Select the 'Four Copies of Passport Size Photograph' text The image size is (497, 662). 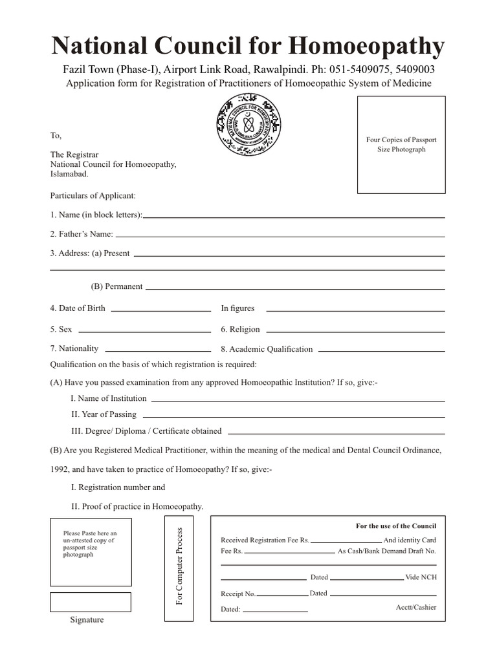[401, 144]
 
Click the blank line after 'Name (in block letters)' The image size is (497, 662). [294, 217]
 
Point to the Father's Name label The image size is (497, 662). [82, 234]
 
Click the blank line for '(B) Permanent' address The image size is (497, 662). [295, 288]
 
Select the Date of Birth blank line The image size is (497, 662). [161, 311]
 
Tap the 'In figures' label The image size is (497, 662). [237, 308]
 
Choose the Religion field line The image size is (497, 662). [355, 331]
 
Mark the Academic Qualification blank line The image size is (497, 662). [382, 350]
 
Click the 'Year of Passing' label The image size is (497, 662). [104, 414]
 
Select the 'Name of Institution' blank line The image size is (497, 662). [298, 400]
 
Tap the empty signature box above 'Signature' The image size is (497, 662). [91, 602]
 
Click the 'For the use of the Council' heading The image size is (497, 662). [396, 526]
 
